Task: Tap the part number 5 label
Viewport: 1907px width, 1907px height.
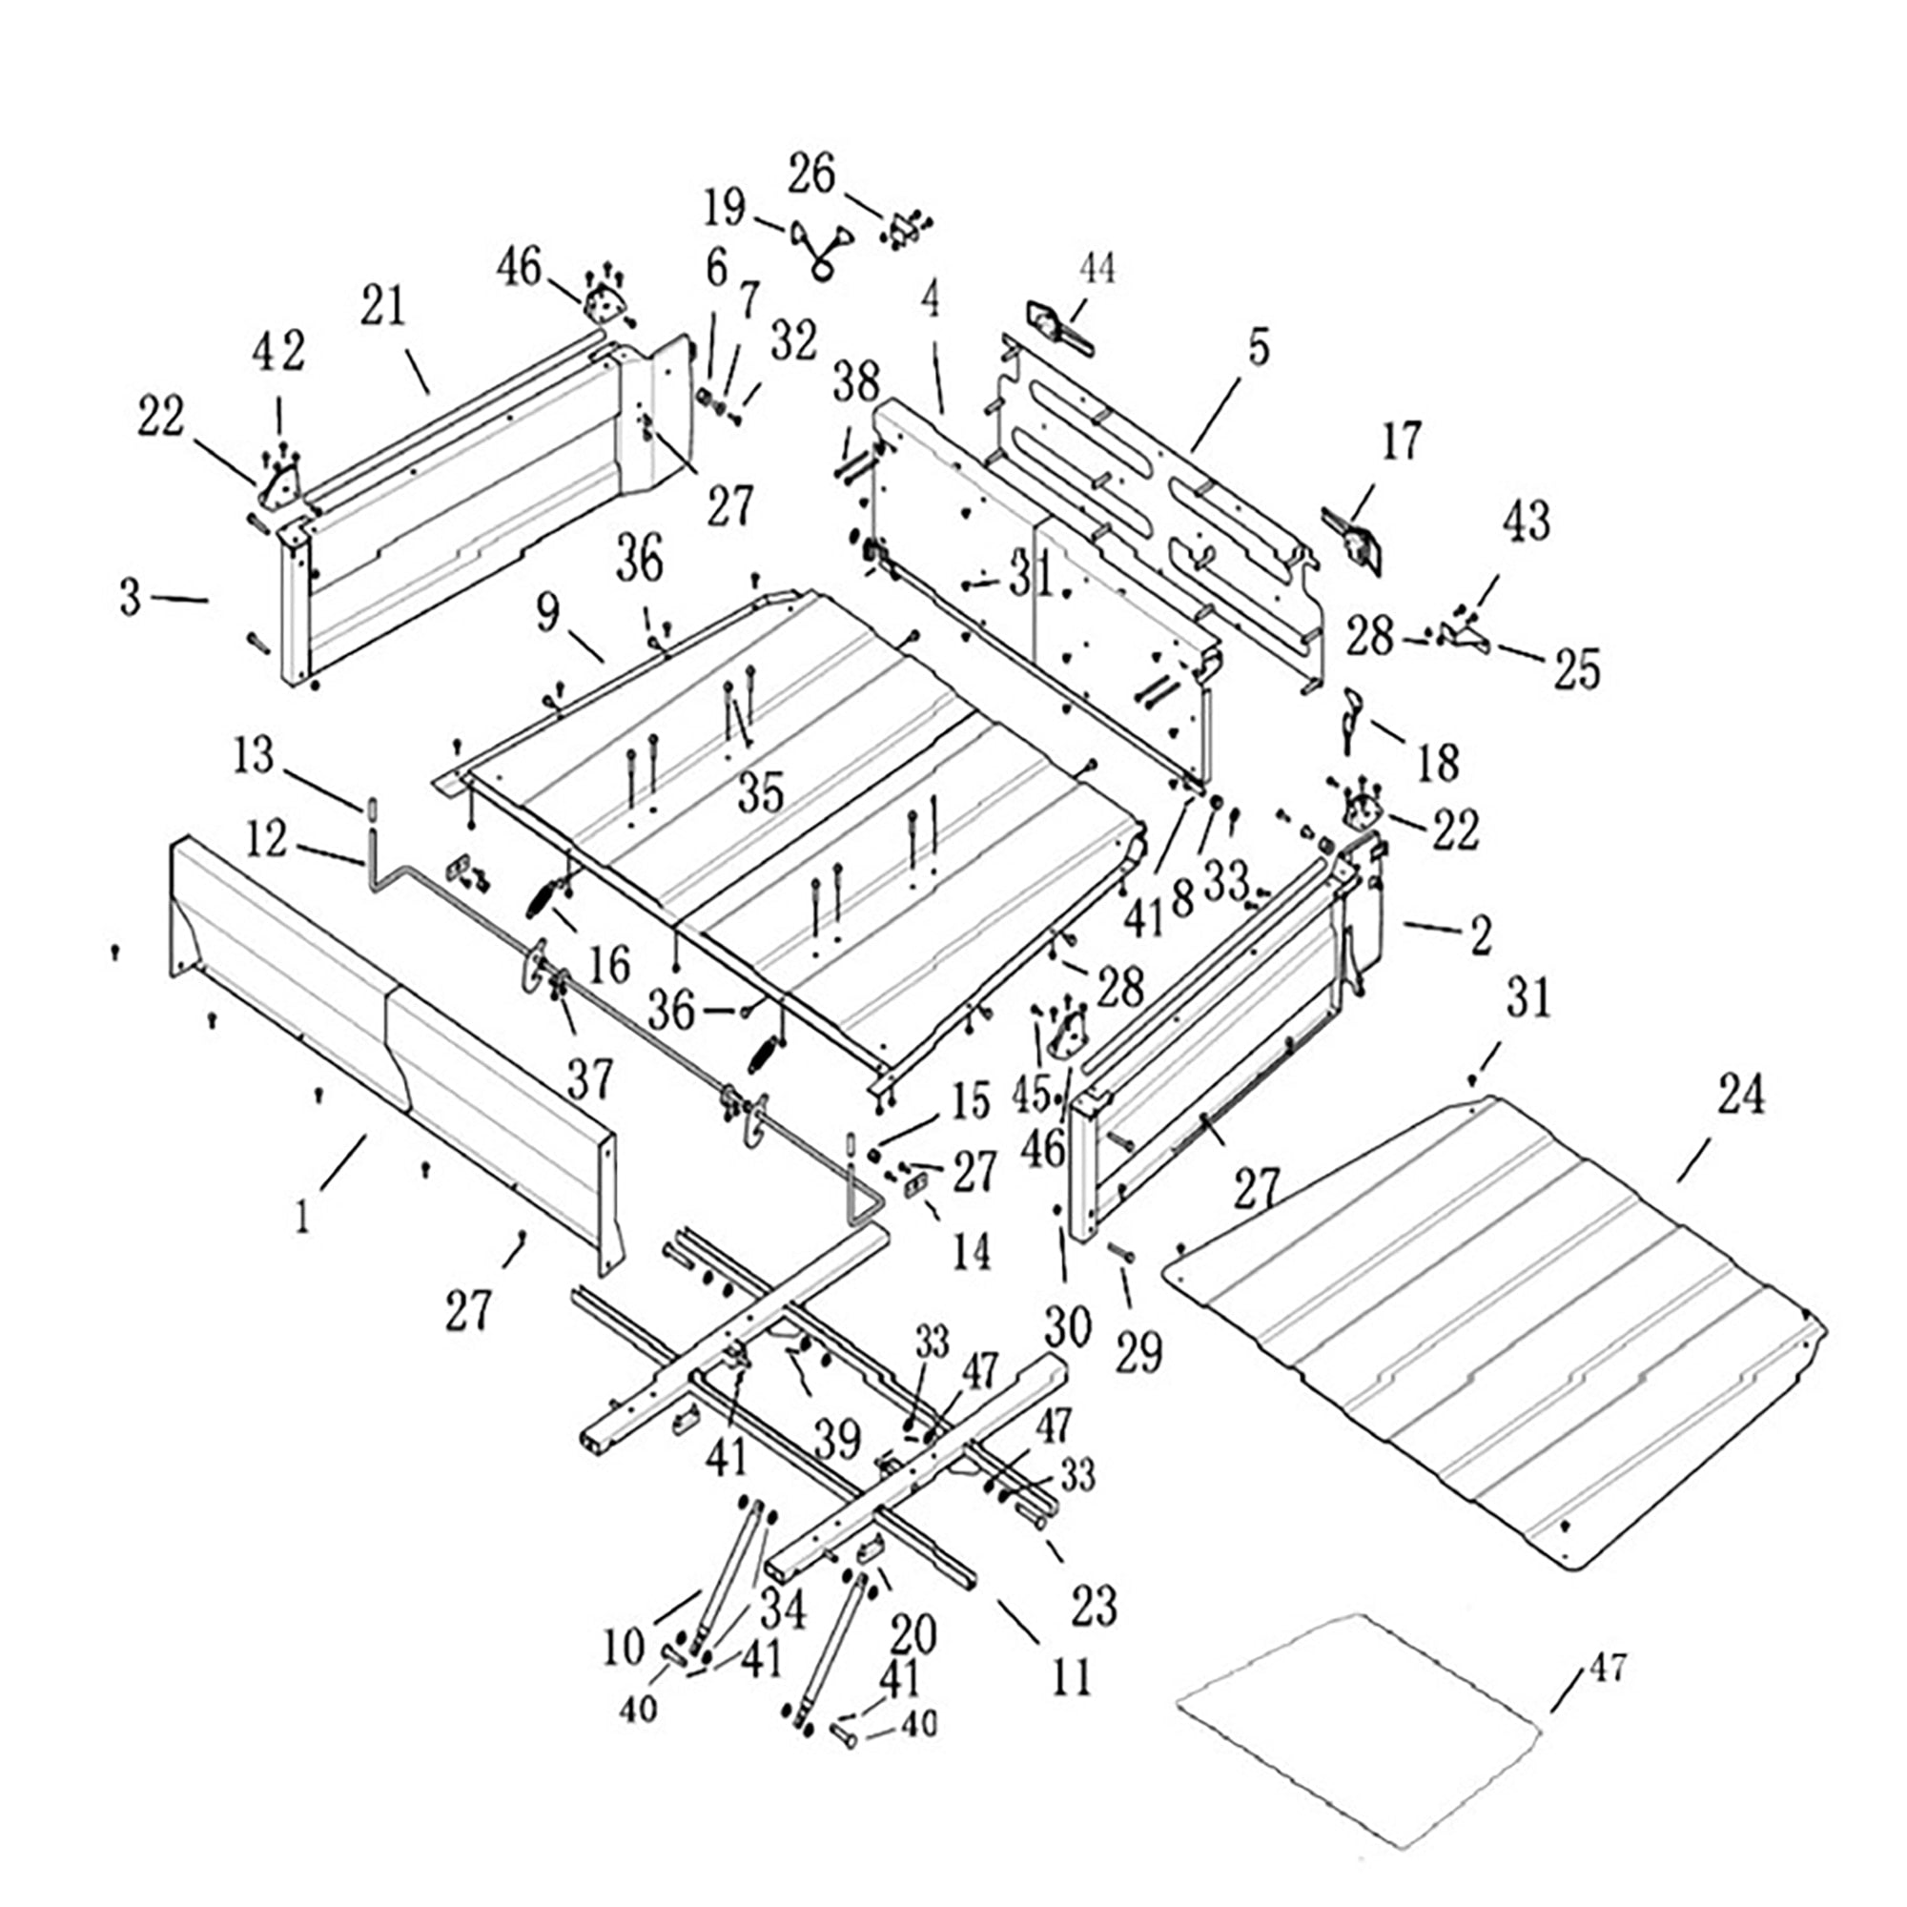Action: coord(1258,348)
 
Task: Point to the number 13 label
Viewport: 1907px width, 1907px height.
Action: coord(254,757)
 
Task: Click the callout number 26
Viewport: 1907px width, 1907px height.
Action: coord(810,174)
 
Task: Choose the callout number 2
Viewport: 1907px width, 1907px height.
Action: coord(1480,933)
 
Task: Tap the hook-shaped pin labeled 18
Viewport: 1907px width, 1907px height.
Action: coord(1353,721)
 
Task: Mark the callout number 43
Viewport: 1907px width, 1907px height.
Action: coord(1527,522)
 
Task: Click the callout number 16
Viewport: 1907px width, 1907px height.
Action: coord(610,963)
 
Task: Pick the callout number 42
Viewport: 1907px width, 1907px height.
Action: coord(280,353)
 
